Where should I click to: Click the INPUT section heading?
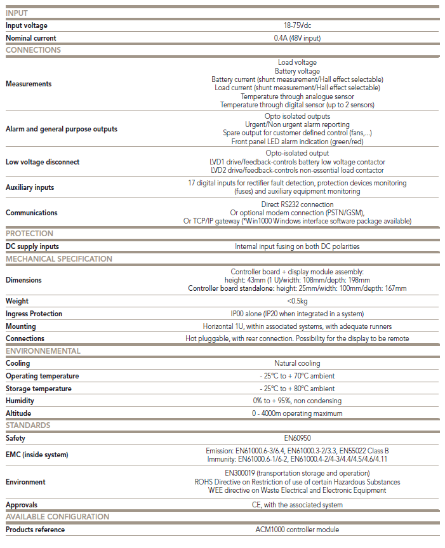(17, 13)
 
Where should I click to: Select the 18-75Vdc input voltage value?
(297, 26)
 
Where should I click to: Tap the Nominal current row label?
(31, 38)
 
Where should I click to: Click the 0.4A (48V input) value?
(297, 38)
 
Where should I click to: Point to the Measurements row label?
(29, 84)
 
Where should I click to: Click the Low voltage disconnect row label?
(43, 162)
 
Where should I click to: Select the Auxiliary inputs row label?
(30, 187)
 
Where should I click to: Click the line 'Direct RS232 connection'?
(297, 204)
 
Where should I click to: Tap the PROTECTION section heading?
(30, 234)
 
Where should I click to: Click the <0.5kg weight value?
(297, 301)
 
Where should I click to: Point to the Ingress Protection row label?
(34, 314)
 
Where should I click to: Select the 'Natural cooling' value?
(297, 363)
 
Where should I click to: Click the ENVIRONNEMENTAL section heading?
(43, 351)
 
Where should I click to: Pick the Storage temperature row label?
(39, 389)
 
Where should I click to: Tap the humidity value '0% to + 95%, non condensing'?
(297, 401)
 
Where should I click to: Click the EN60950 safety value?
(297, 438)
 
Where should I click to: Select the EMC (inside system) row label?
(37, 455)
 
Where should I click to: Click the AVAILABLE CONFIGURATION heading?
(58, 517)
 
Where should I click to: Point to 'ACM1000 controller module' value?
(297, 530)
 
